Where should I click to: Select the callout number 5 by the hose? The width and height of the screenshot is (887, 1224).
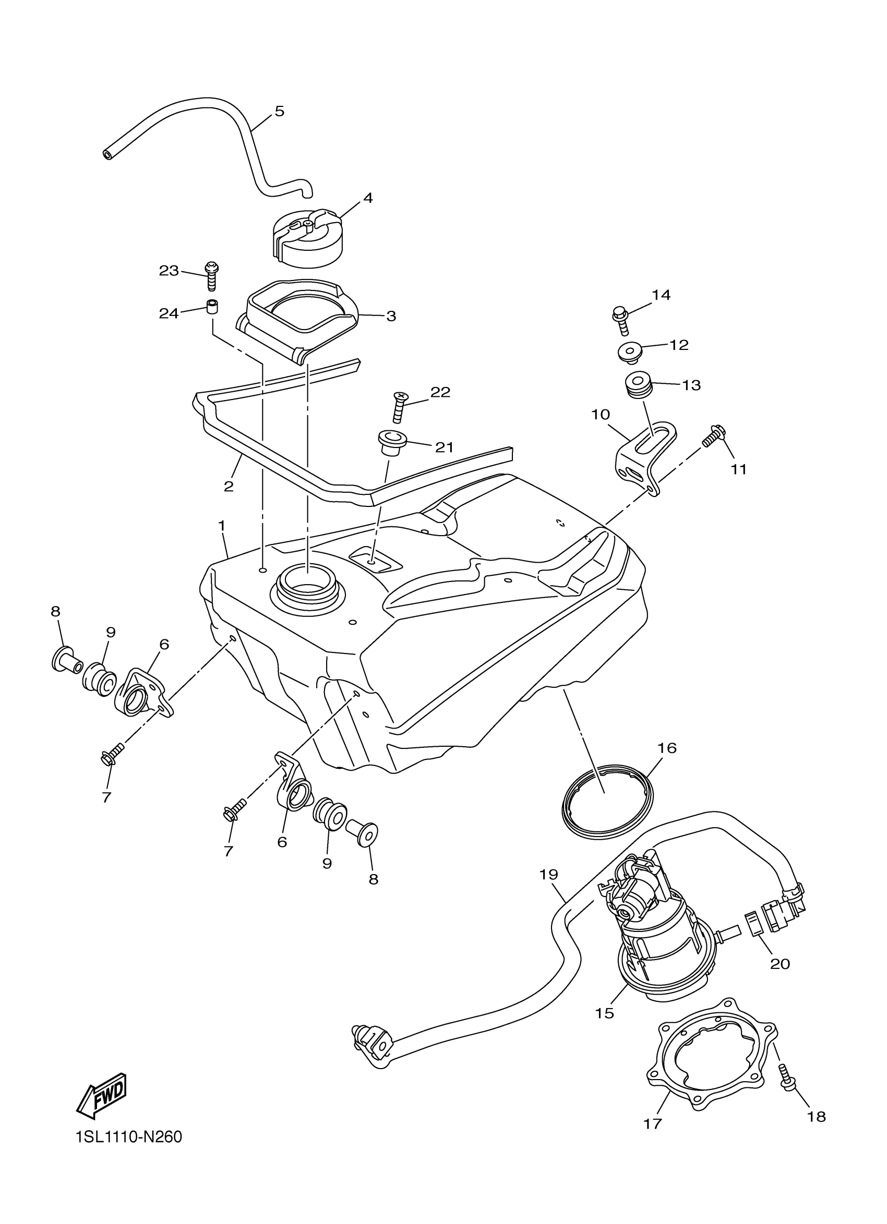click(279, 111)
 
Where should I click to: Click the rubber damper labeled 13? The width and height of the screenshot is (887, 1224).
click(637, 384)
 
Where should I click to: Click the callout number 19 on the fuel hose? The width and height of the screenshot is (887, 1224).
click(548, 874)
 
